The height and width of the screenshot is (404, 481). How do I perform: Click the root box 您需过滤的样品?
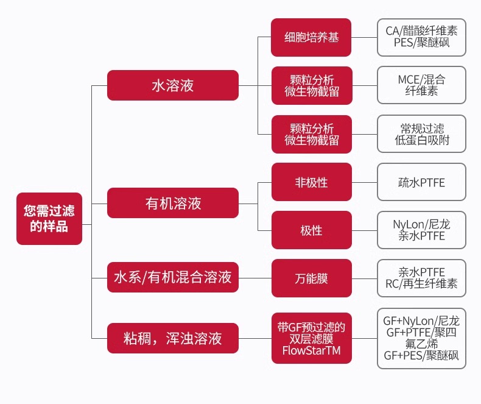[x=49, y=219]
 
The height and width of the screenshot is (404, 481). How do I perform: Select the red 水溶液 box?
[x=172, y=85]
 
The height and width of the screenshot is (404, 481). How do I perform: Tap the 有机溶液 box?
[x=173, y=203]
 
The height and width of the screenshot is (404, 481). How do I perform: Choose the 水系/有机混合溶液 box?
[x=173, y=278]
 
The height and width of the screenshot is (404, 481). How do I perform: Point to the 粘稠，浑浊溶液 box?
[x=173, y=338]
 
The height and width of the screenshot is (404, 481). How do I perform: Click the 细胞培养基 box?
[x=312, y=37]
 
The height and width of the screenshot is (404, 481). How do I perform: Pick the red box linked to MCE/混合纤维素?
[x=312, y=86]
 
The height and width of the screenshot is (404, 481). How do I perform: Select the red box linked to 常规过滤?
[x=312, y=134]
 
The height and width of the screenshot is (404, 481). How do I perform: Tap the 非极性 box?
[x=312, y=182]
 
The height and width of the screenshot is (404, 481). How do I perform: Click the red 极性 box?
[x=312, y=230]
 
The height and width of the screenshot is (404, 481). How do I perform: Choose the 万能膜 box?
[x=312, y=278]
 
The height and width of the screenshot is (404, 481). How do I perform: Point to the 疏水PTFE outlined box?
[x=421, y=182]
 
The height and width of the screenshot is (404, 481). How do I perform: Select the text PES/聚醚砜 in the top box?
[x=421, y=43]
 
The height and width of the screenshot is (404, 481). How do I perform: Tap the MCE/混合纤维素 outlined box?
[x=421, y=86]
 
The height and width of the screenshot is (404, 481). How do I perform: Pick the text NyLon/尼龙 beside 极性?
[x=421, y=224]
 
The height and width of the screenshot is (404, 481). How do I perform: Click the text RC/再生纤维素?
[x=421, y=284]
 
